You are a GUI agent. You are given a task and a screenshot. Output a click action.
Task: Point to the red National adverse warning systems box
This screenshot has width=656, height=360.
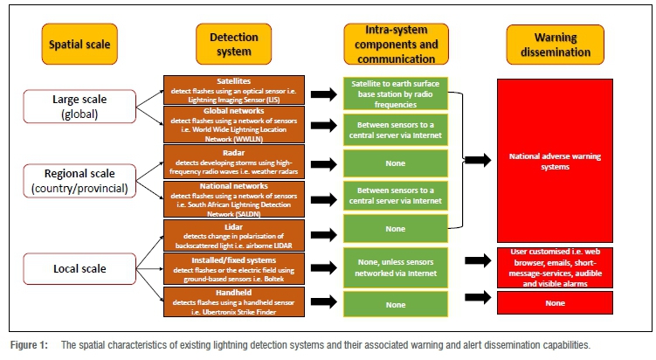click(556, 160)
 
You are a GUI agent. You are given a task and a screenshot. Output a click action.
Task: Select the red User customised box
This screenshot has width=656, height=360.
click(556, 267)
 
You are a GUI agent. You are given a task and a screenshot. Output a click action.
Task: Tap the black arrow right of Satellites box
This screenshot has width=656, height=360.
click(323, 92)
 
